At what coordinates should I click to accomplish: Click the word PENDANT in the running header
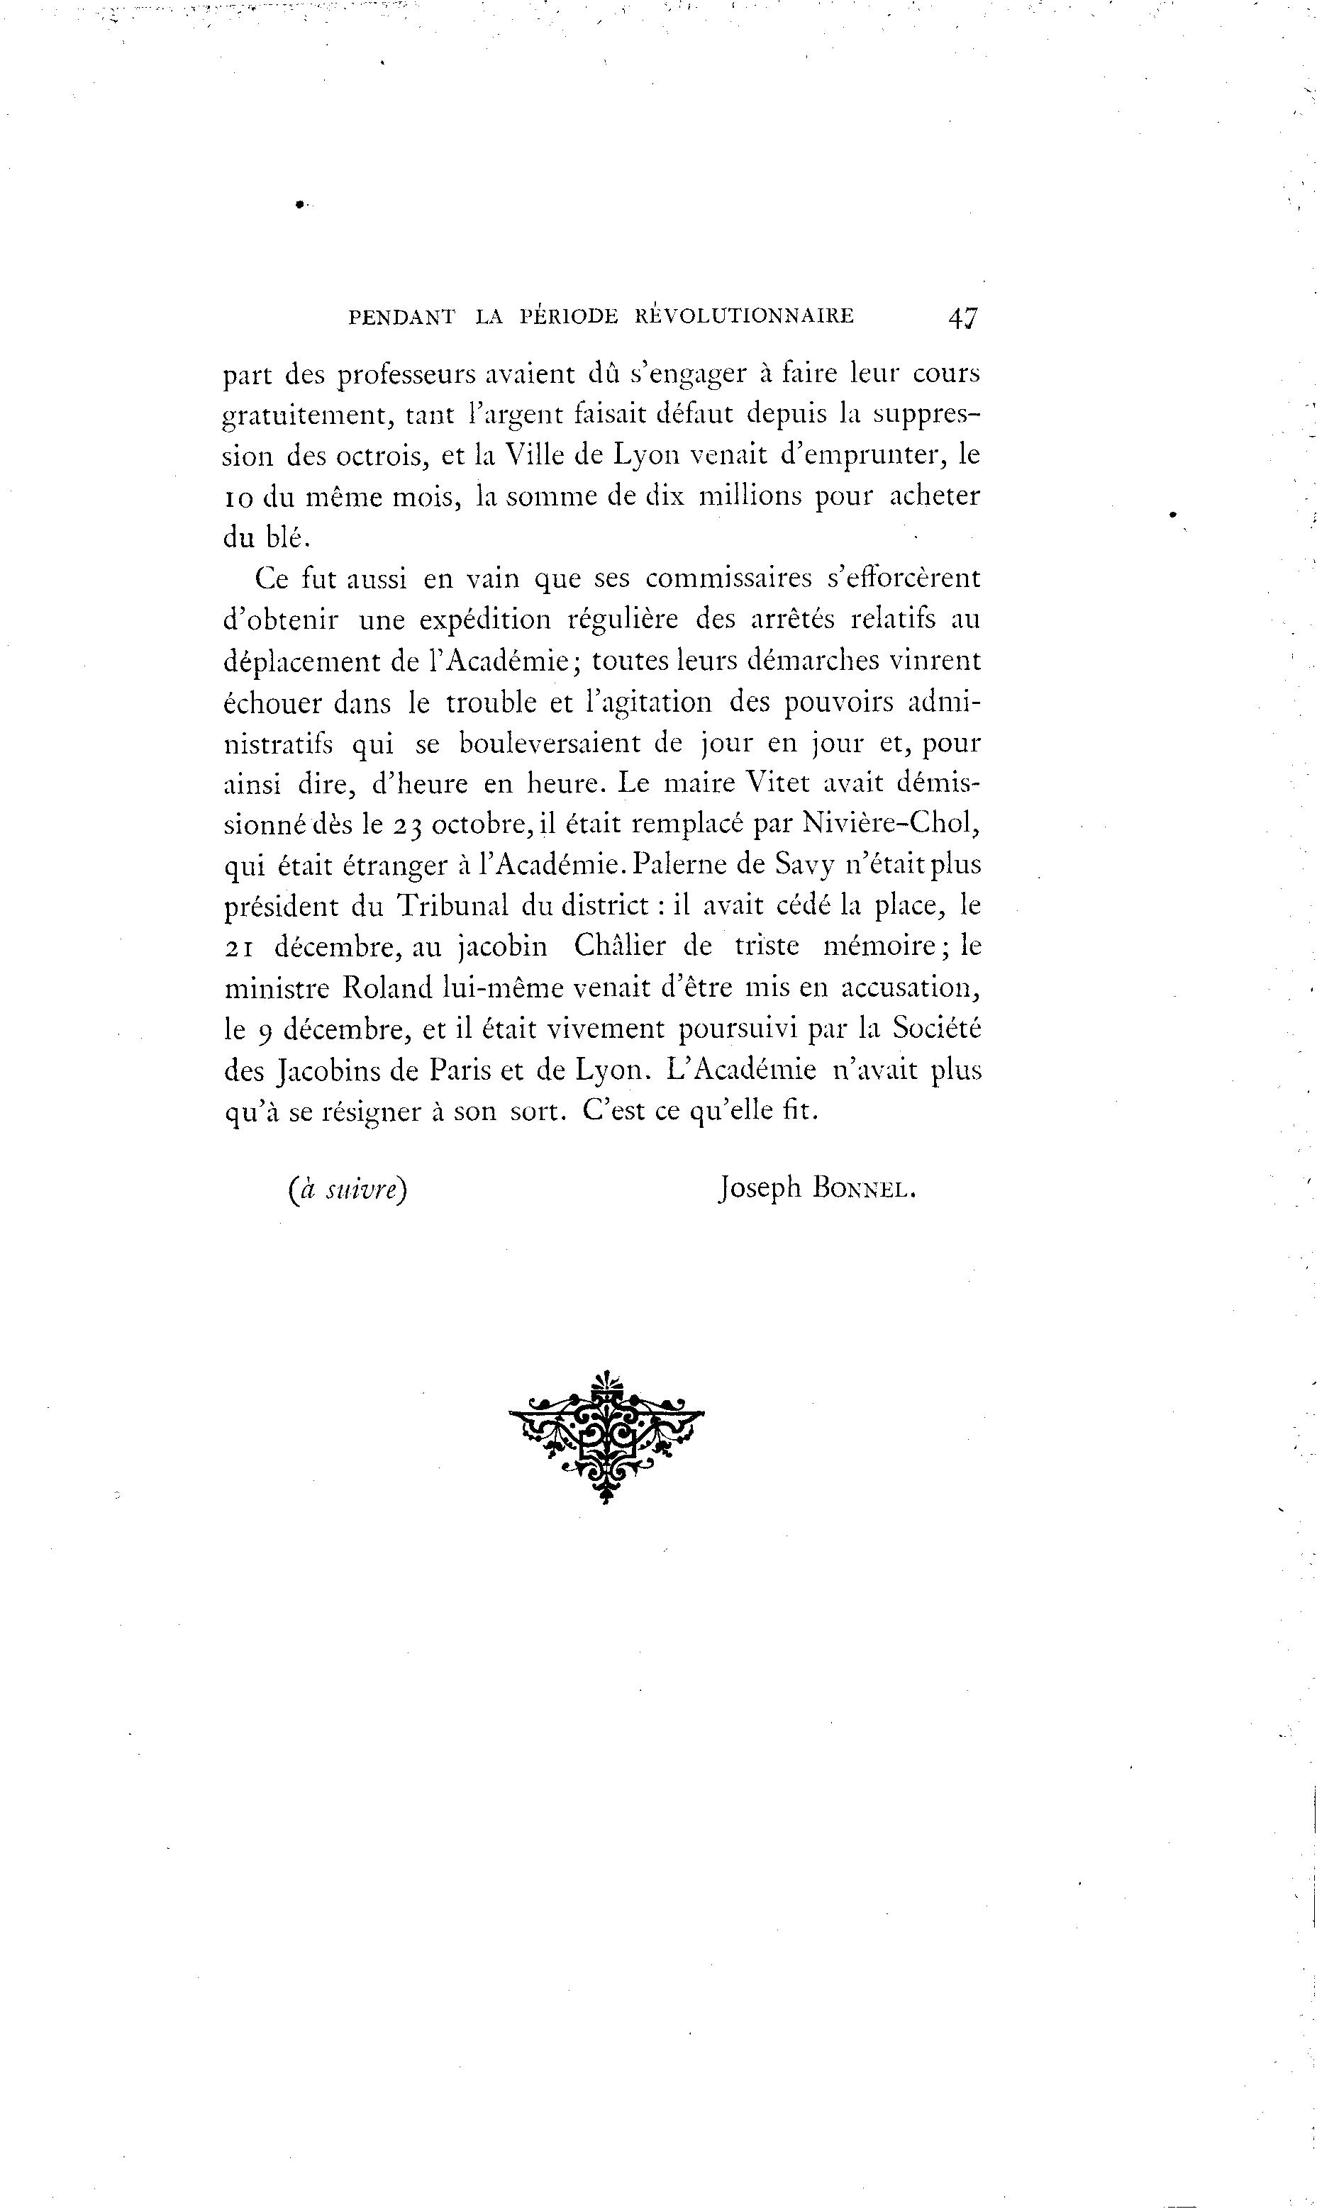coord(402,317)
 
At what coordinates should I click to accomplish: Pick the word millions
coord(752,496)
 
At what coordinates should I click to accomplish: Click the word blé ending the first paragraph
coord(285,537)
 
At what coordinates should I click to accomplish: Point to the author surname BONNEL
coord(862,1190)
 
